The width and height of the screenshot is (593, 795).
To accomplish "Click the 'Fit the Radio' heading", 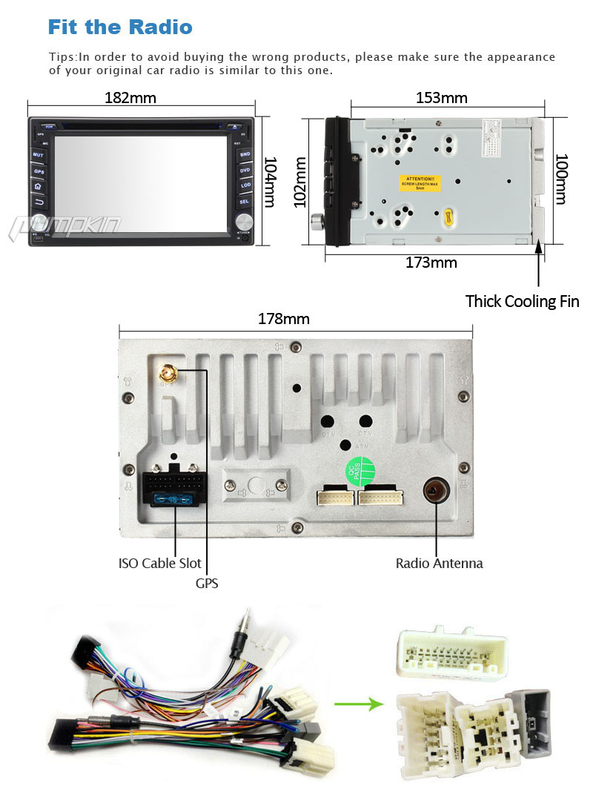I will pos(120,27).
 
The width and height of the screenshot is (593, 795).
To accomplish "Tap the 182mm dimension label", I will pos(130,98).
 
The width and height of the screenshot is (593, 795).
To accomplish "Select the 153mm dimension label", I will pos(441,98).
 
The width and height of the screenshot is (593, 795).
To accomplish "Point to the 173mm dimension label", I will pos(431,262).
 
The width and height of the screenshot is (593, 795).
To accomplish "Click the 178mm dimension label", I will pos(283,319).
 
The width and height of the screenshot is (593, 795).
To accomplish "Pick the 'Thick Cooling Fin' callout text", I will pos(522,301).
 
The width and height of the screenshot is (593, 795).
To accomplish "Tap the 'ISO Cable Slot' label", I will pos(159,563).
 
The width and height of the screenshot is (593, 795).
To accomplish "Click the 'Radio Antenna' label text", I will pos(439,563).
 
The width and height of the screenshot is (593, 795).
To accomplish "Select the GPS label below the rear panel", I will pos(207,584).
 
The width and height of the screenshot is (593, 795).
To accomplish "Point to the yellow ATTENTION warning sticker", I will pos(420,182).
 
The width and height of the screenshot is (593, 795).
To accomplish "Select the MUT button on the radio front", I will pos(39,155).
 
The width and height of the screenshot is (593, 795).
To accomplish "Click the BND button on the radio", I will pos(245,154).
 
